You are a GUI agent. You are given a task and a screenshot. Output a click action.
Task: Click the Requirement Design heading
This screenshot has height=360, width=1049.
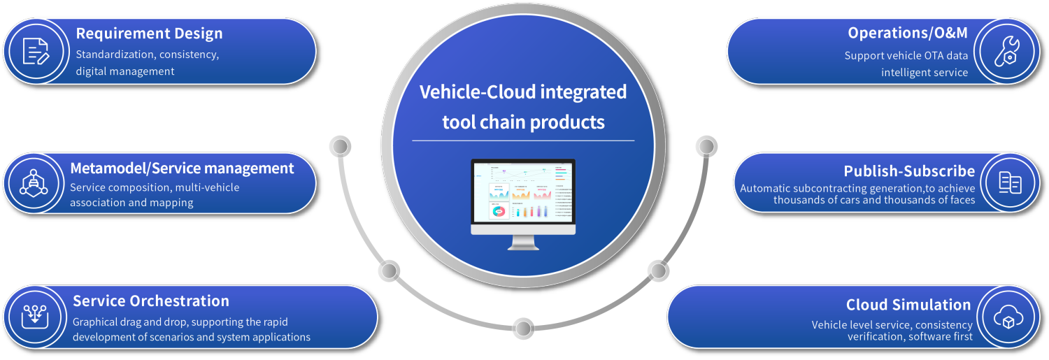point(149,34)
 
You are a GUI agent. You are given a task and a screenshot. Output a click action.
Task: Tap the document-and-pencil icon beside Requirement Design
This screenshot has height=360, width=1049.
point(36,51)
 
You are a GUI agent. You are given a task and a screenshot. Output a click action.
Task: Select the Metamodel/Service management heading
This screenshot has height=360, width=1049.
point(182,168)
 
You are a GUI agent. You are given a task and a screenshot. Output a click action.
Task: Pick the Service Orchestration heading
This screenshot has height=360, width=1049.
point(151,301)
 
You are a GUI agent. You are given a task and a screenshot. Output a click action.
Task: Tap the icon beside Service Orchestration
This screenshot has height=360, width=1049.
point(34,316)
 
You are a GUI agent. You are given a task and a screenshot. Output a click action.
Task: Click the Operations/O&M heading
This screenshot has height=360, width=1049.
point(908,33)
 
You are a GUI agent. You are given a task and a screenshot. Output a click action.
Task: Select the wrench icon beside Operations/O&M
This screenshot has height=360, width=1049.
point(1006,51)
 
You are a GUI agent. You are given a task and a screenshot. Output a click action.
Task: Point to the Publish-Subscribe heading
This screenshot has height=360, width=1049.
point(909,171)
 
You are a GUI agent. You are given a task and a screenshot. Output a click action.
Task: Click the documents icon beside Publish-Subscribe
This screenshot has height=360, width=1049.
point(1010,182)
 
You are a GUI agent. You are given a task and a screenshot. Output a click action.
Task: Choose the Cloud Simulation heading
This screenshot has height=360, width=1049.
point(908,305)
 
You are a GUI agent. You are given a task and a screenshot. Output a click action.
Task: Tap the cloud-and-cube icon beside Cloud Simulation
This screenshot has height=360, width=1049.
point(1008,317)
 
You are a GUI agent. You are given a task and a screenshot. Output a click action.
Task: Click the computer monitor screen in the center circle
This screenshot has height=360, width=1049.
point(523,192)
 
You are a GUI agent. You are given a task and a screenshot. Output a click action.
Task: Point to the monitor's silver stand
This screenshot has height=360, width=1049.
point(523,242)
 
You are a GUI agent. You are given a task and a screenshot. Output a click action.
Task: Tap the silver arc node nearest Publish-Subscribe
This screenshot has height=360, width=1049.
point(706,147)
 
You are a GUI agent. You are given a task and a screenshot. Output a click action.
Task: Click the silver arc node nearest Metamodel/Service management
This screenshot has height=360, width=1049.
point(340,147)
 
